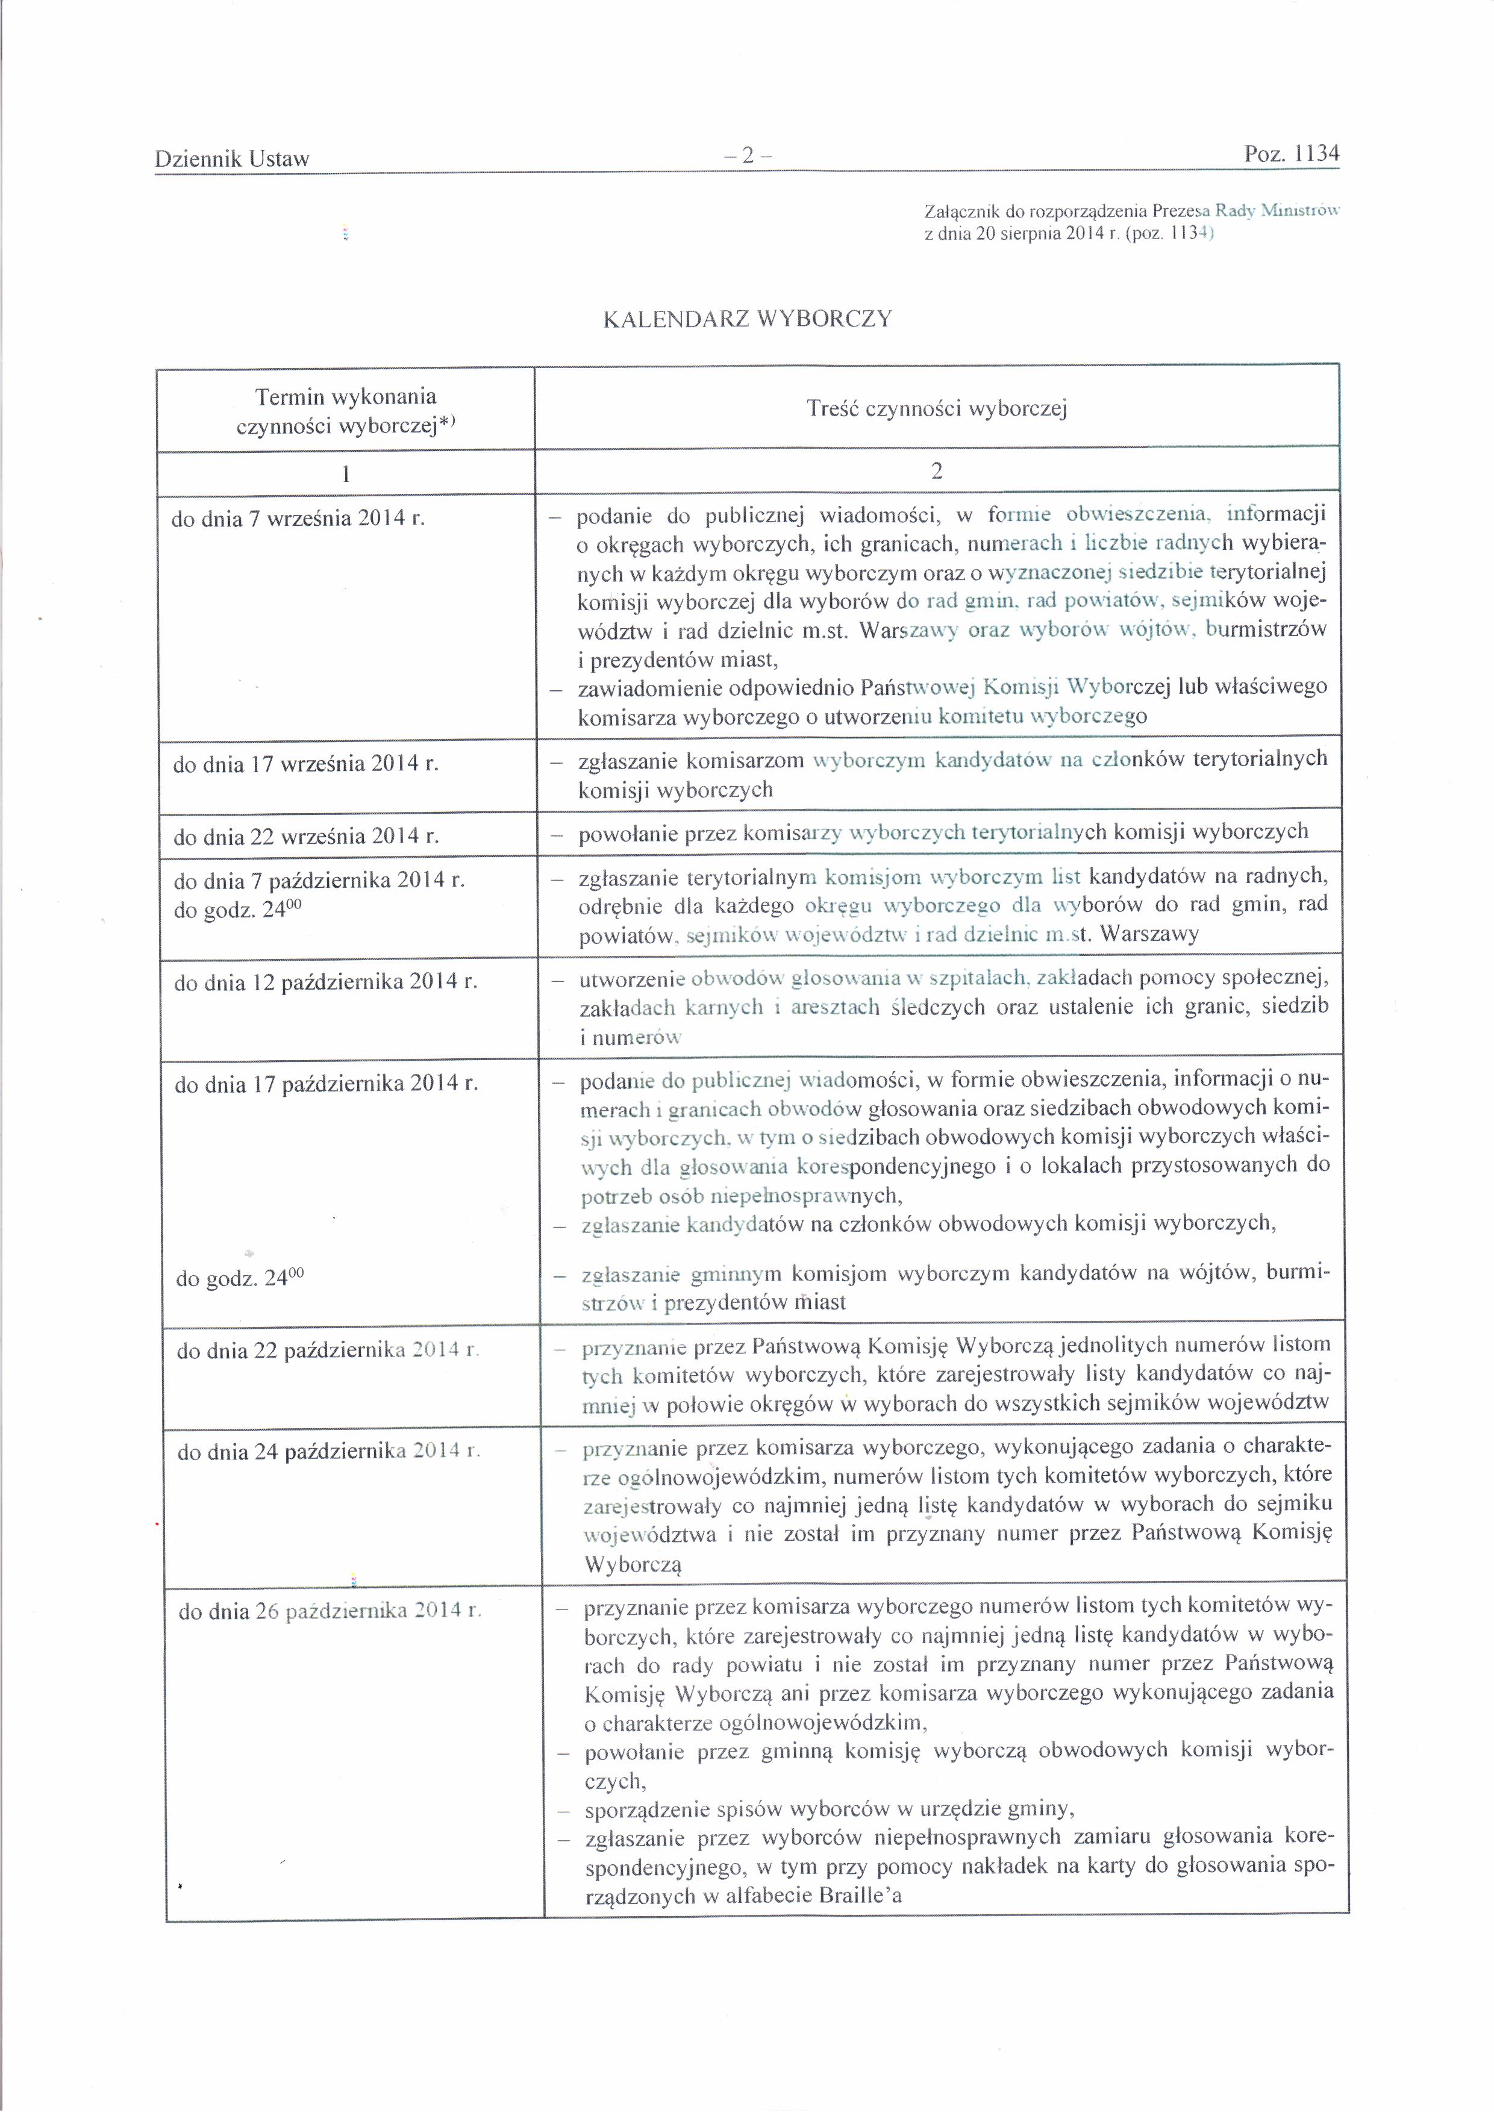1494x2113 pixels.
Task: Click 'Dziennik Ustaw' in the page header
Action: tap(232, 159)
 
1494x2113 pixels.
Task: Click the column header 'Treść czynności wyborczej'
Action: tap(936, 408)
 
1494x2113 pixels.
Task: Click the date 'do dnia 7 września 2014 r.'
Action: tap(298, 518)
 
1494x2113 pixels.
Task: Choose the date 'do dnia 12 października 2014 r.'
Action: tap(326, 982)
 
